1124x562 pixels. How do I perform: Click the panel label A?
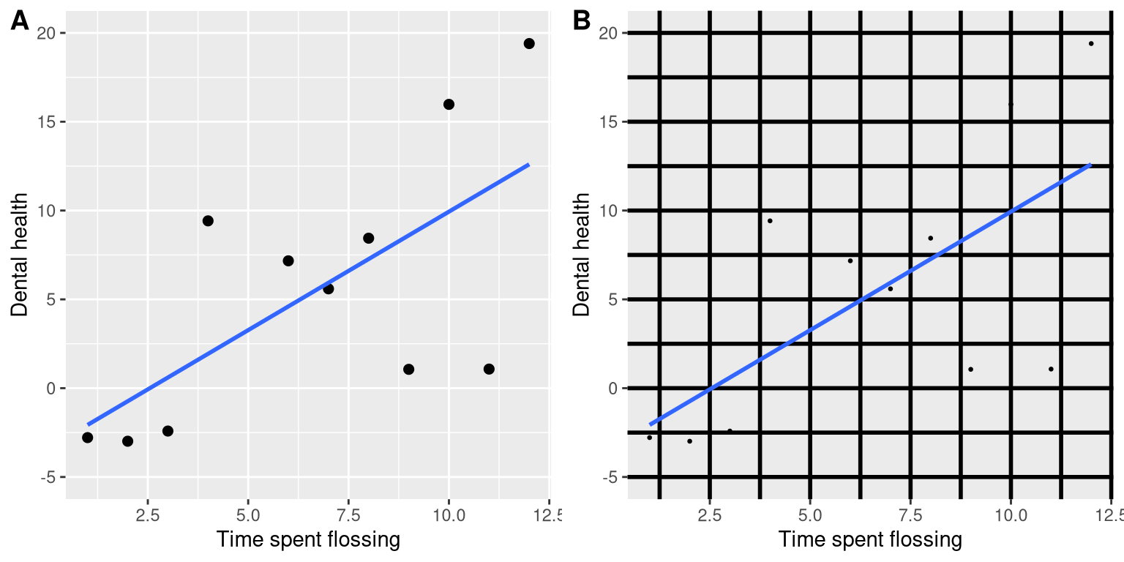(x=20, y=22)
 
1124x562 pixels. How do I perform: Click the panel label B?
(x=582, y=22)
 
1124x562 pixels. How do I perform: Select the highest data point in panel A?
(x=529, y=44)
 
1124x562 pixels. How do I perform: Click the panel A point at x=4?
(x=208, y=221)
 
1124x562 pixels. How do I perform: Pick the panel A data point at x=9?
(x=408, y=369)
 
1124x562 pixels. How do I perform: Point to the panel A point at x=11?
(x=489, y=369)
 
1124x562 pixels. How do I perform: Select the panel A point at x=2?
(x=127, y=441)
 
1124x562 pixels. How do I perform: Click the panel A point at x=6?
(x=288, y=261)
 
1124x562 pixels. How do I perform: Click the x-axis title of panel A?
(x=308, y=541)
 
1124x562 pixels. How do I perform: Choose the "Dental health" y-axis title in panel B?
(x=582, y=255)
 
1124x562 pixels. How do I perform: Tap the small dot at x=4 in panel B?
(x=770, y=221)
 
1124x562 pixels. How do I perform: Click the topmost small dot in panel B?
(x=1091, y=44)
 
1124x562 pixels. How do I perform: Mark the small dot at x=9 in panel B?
(x=970, y=369)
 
